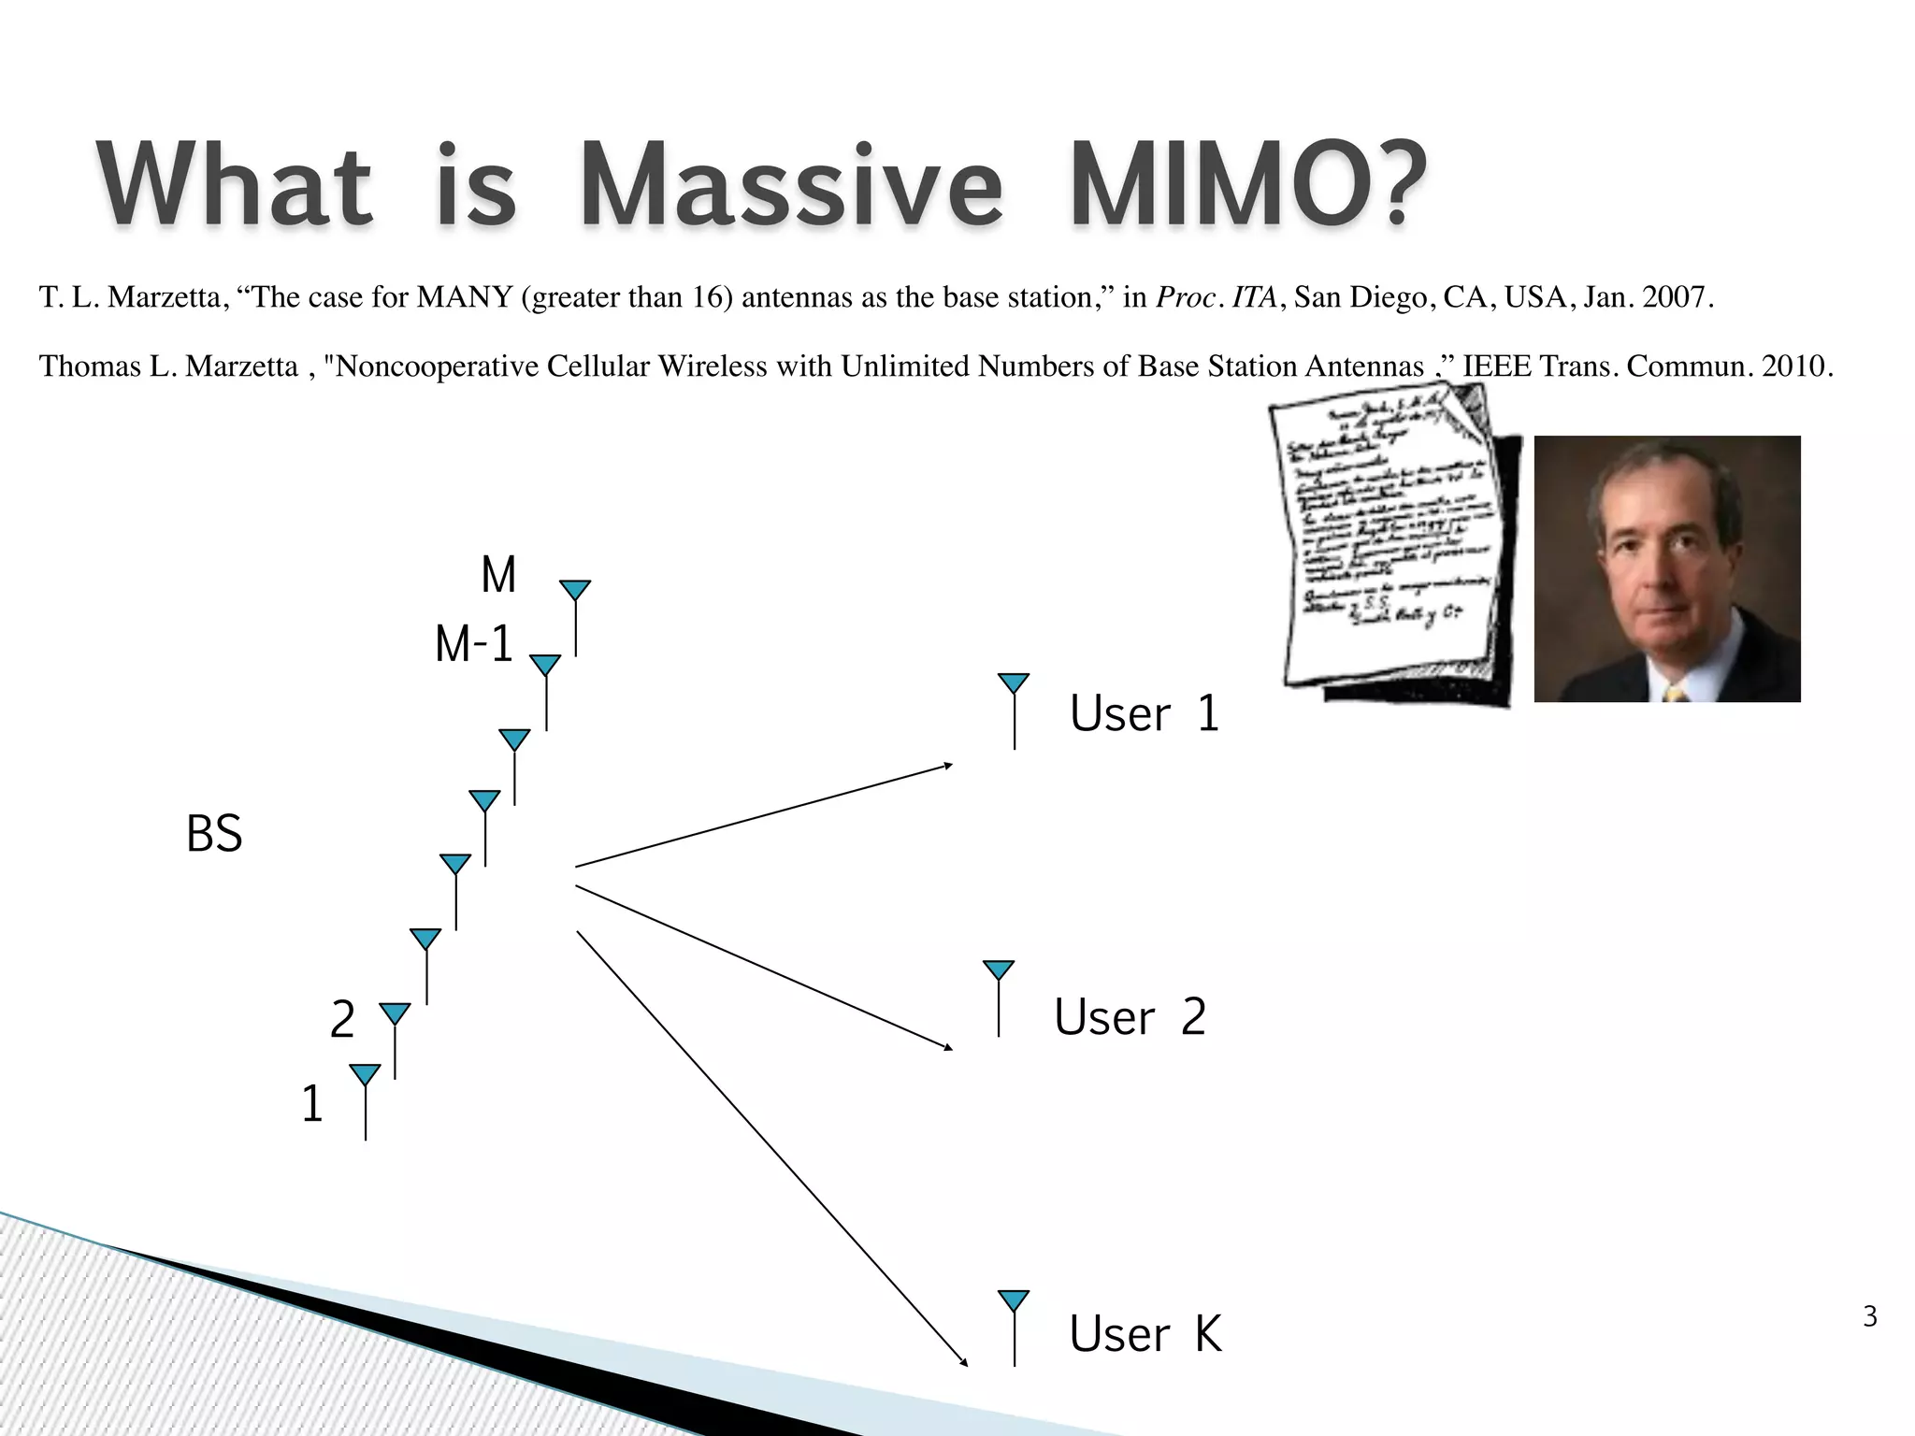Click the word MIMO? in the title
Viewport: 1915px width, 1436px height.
tap(1248, 185)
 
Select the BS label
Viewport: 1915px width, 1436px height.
tap(214, 834)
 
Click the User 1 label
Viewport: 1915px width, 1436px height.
tap(1145, 714)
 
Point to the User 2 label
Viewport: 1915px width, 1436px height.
tap(1130, 1017)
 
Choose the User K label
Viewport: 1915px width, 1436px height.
tap(1145, 1334)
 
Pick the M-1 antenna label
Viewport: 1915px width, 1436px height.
tap(474, 645)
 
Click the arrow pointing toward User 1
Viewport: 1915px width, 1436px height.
tap(763, 815)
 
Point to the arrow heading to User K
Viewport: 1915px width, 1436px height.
tap(771, 1148)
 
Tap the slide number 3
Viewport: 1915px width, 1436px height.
tap(1869, 1316)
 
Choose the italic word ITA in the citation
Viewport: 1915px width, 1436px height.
tap(1253, 297)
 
